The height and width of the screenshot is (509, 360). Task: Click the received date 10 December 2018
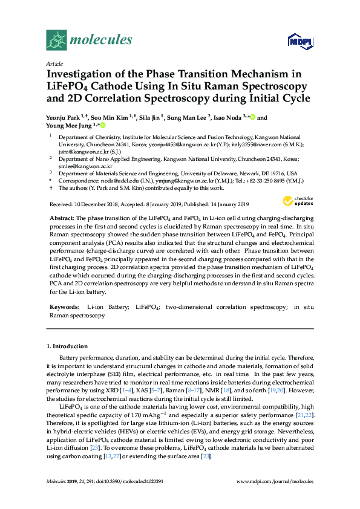(x=102, y=204)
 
